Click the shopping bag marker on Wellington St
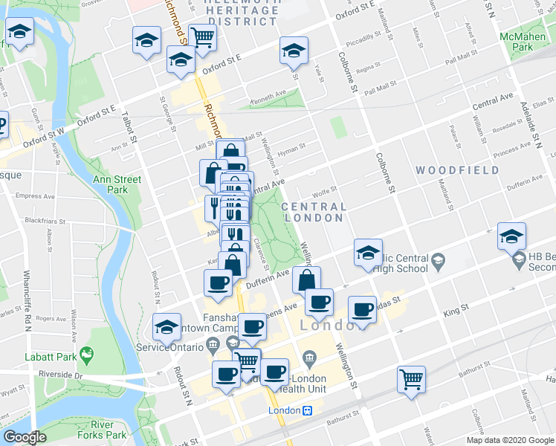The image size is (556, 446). [x=306, y=279]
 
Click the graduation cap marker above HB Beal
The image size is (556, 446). [x=511, y=236]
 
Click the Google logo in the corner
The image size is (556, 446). [x=24, y=437]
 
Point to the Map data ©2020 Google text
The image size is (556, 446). [x=510, y=440]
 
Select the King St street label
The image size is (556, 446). [x=456, y=306]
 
